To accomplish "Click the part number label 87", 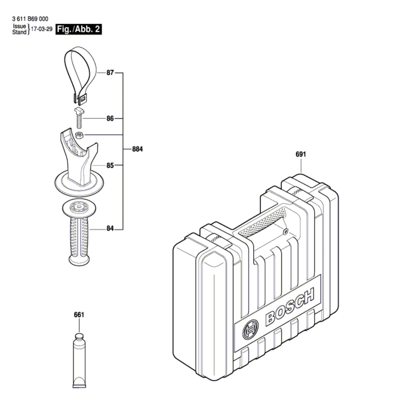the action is coord(110,73).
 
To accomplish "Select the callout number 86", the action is coord(110,118).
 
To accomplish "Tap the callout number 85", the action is coord(110,166).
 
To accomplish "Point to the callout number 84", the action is coord(110,228).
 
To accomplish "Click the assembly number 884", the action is coord(137,149).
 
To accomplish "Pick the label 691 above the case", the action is coord(301,154).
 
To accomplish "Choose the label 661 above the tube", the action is coord(79,315).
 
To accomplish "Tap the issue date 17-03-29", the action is coord(42,29).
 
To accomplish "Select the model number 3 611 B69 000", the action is coord(30,19).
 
